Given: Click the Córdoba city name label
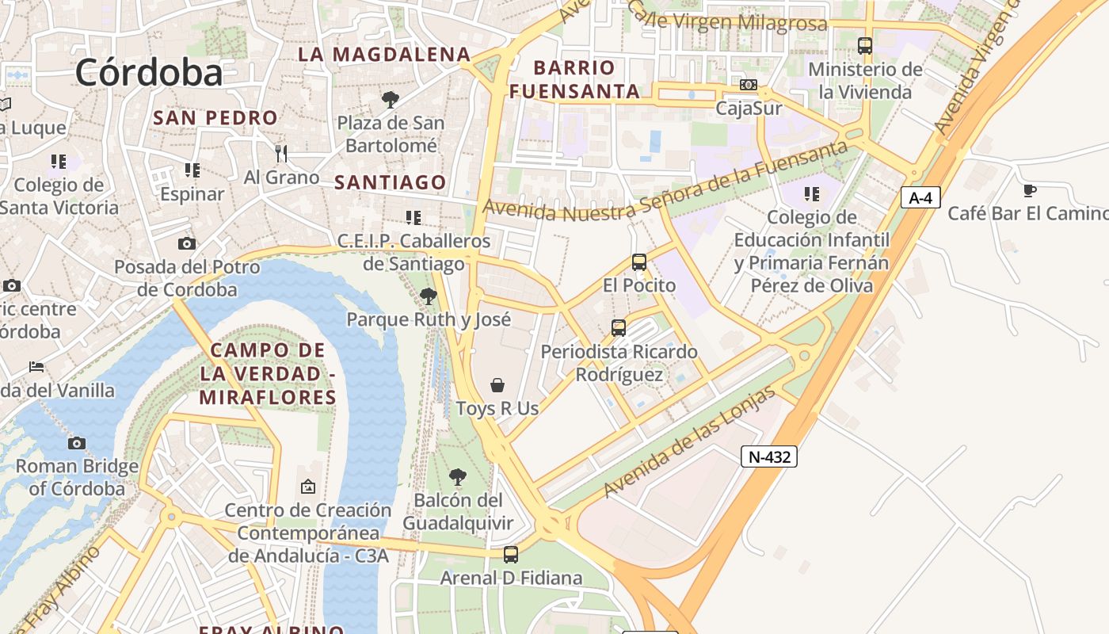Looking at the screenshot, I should (149, 72).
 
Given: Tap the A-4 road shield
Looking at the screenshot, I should (920, 197).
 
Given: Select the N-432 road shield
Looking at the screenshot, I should (769, 456).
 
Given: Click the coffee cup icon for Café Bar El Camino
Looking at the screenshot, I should (1029, 190).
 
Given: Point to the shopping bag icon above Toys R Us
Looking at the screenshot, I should (497, 385).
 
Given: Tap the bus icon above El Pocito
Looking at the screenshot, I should (639, 262).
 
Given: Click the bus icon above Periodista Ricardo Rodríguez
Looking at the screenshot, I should (619, 327).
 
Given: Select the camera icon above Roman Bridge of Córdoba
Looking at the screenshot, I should (77, 443).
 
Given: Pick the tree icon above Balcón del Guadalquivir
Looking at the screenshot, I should (457, 476).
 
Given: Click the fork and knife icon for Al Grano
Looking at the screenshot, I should (281, 153).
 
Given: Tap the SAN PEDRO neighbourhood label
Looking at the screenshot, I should (215, 118).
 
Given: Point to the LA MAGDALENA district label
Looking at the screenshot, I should (384, 54).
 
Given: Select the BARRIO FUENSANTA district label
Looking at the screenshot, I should (574, 79).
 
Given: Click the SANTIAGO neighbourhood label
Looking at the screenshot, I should (391, 182).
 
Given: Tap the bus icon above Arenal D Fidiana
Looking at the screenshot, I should (511, 555).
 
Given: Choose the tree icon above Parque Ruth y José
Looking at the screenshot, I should (429, 296).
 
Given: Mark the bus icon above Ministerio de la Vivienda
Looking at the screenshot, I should (865, 46).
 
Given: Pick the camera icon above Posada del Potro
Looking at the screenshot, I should (187, 243).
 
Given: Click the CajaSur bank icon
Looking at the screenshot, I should (749, 85).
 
